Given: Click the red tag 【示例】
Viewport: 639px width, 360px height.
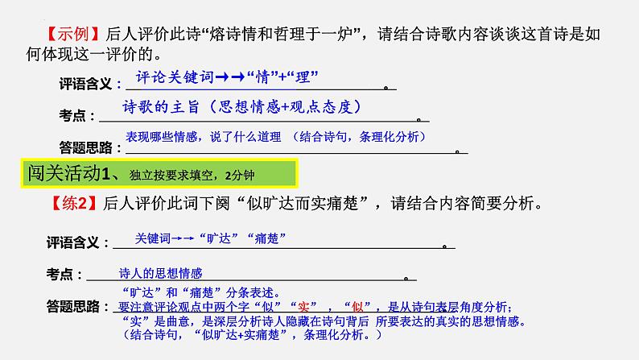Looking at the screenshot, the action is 70,35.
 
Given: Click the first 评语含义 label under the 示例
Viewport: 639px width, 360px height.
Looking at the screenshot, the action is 87,85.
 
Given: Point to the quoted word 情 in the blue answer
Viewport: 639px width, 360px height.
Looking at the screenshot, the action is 256,77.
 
